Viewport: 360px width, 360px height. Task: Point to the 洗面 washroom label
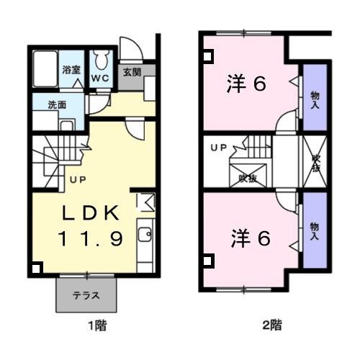pos(58,104)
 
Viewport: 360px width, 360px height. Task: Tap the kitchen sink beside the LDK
pos(144,234)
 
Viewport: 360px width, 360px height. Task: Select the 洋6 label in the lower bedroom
pos(251,237)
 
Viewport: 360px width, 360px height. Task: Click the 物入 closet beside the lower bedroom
pos(314,230)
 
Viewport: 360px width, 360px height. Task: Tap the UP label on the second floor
pos(217,148)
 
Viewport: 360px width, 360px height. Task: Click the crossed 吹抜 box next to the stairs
pos(248,173)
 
